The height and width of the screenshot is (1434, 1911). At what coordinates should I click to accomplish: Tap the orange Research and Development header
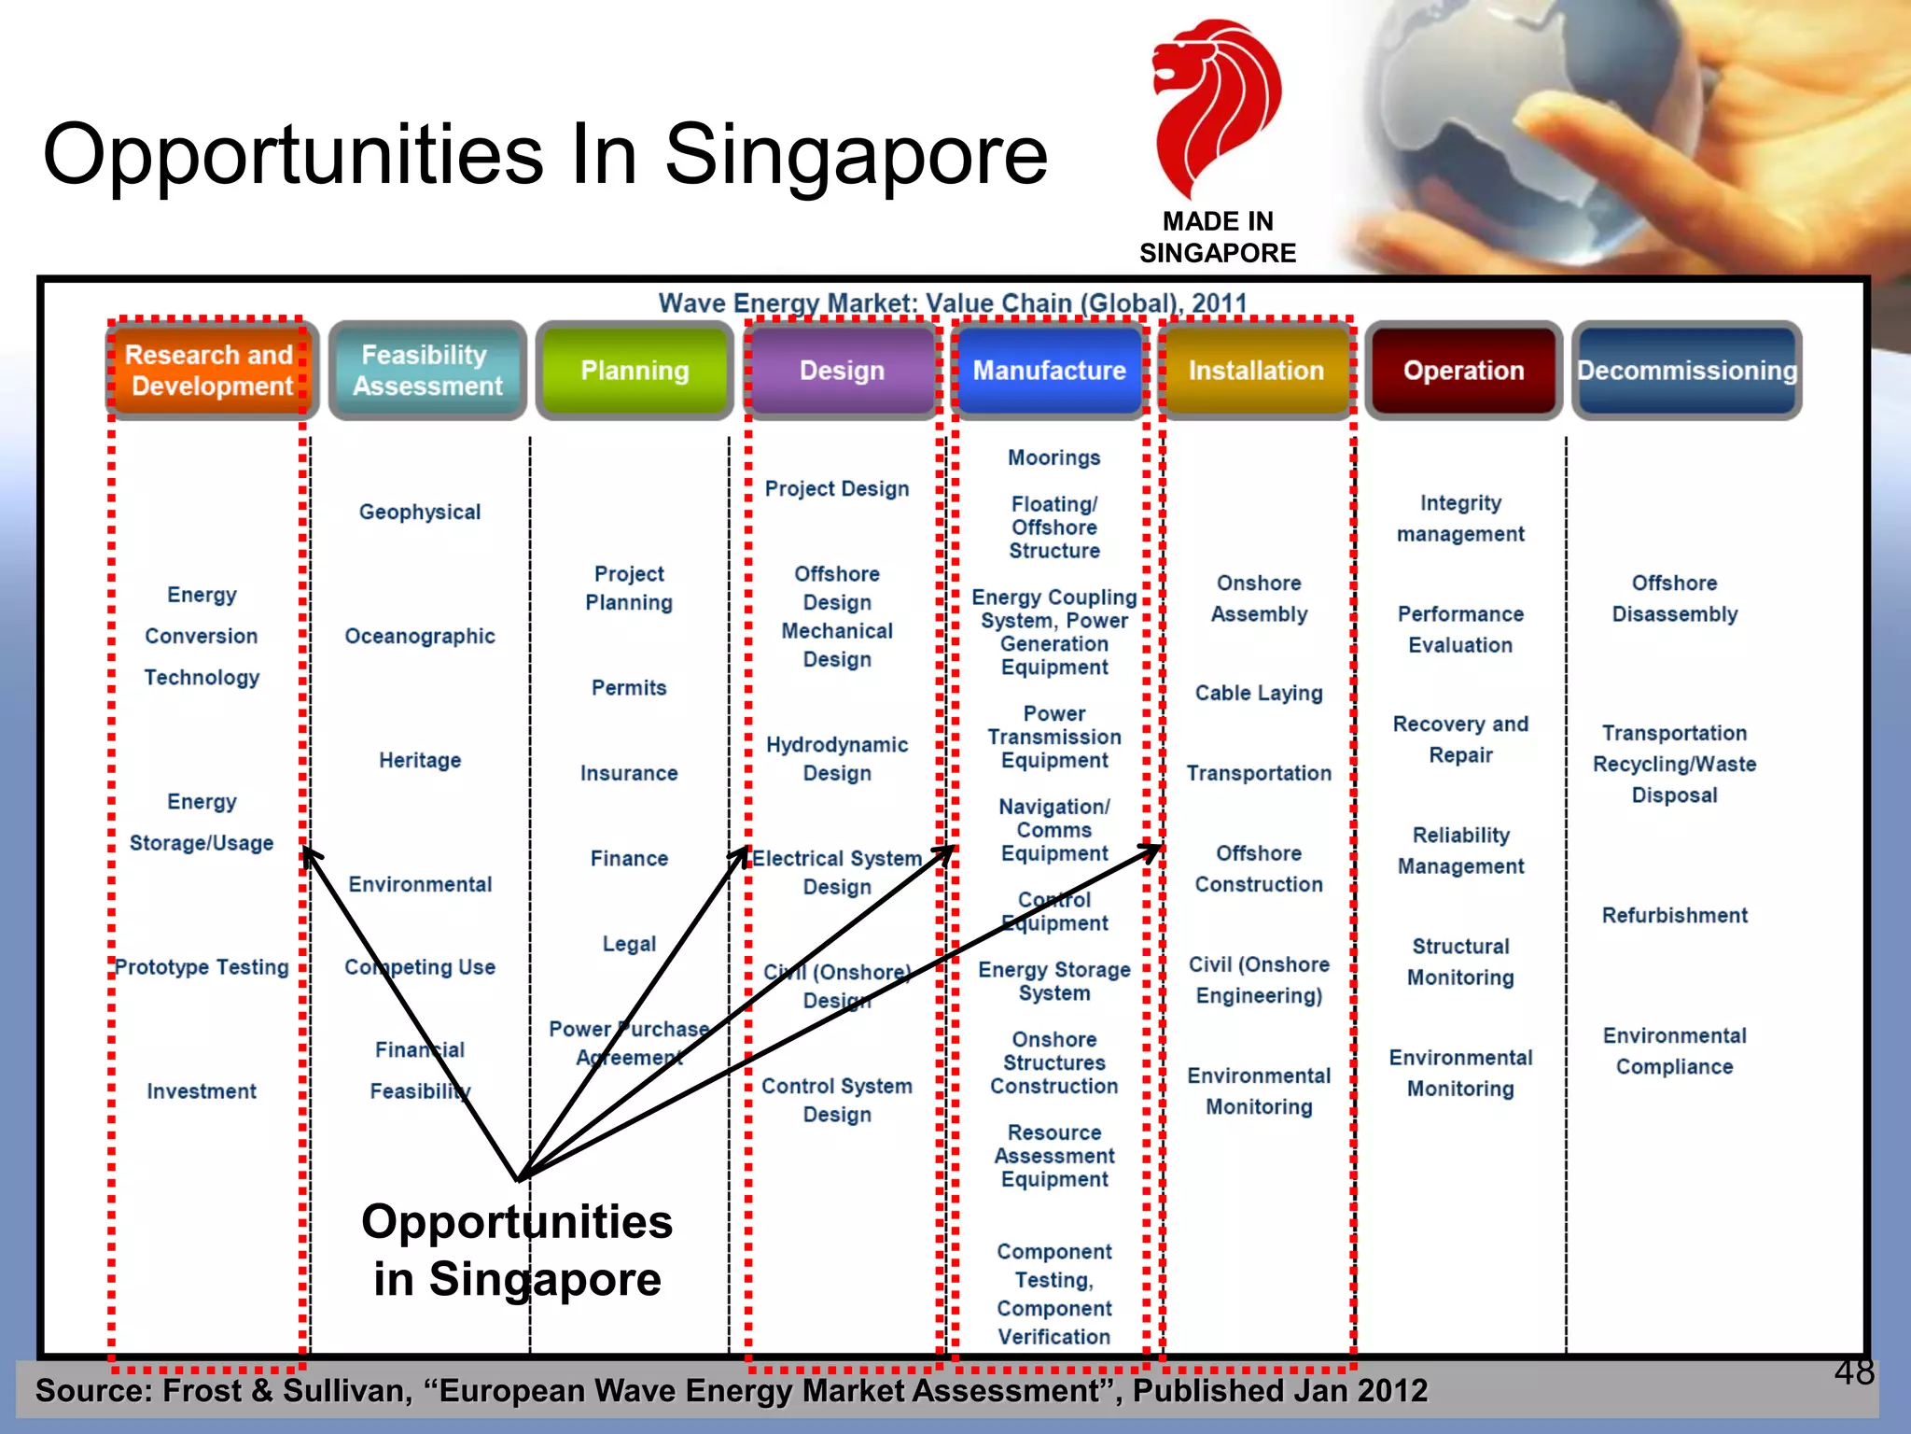point(209,371)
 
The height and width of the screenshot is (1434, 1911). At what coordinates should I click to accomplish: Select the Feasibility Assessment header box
point(427,371)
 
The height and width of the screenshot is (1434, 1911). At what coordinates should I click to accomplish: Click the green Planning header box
point(635,371)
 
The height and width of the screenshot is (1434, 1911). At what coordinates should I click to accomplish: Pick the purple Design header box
point(842,371)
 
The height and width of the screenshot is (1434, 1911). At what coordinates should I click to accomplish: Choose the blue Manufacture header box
point(1049,371)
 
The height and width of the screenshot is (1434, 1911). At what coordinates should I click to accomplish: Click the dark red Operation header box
point(1463,371)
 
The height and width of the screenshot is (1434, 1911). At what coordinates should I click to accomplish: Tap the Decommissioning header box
point(1687,371)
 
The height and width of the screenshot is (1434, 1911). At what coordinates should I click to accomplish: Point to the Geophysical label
point(420,512)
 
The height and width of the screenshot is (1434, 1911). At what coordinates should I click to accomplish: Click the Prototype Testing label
point(202,967)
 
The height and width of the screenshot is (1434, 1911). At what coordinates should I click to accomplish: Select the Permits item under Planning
point(629,688)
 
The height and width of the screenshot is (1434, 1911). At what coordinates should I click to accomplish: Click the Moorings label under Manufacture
point(1053,457)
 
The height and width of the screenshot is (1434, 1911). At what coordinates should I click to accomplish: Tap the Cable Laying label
point(1259,693)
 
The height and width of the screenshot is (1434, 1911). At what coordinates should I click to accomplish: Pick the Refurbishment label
point(1674,915)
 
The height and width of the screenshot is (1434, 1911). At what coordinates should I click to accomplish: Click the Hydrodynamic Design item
point(837,759)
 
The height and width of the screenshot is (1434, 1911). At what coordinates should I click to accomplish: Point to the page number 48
point(1853,1372)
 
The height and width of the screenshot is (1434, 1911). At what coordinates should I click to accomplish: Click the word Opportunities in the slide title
point(293,154)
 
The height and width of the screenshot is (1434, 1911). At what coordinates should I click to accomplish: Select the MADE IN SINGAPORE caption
point(1217,237)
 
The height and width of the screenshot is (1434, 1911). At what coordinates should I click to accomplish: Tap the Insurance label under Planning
point(629,773)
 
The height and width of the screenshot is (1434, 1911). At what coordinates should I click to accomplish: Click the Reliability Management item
point(1460,851)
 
